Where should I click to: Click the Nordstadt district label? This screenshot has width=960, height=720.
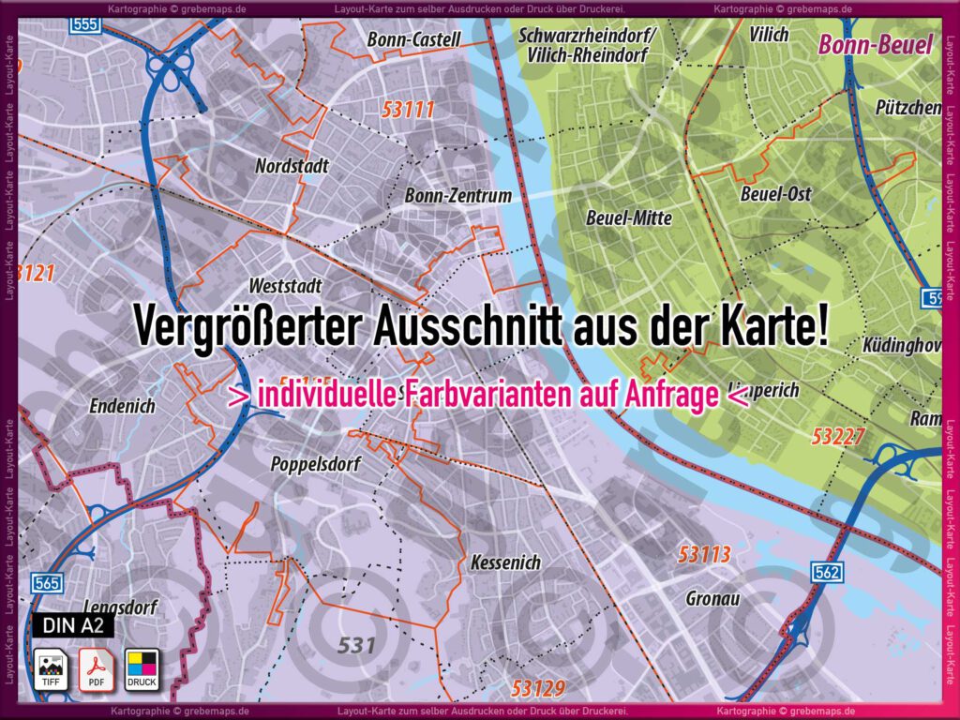click(x=292, y=167)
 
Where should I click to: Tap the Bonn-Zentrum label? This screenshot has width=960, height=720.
click(x=457, y=196)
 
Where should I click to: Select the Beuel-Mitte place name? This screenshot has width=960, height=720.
click(x=628, y=217)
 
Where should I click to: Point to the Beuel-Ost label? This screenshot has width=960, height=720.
click(x=775, y=194)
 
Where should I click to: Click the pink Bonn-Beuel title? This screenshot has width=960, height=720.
click(x=876, y=44)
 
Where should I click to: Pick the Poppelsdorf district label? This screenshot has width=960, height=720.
click(x=315, y=464)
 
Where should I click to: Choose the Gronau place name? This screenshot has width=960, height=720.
click(x=713, y=597)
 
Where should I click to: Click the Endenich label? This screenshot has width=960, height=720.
click(x=122, y=406)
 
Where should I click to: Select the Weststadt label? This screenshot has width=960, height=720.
click(x=286, y=285)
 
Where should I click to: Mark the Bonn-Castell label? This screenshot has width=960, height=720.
click(x=413, y=39)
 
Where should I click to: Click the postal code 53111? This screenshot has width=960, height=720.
click(x=409, y=110)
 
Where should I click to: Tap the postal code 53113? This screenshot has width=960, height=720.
click(x=704, y=555)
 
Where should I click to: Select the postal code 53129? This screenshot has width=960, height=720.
click(x=538, y=689)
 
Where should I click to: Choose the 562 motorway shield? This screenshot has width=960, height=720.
click(x=828, y=572)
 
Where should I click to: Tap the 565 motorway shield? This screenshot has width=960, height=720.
click(x=47, y=583)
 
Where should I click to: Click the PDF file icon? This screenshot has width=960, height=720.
click(x=96, y=668)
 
